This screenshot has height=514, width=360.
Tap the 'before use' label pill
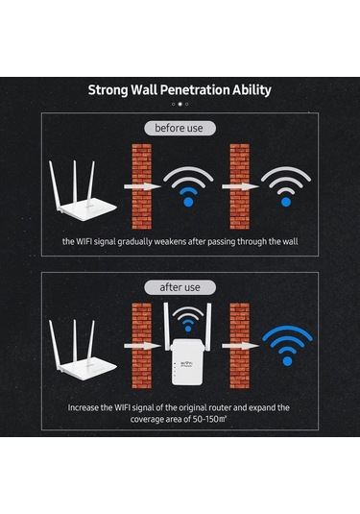click(x=180, y=128)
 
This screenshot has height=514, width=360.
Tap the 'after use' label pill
click(x=180, y=287)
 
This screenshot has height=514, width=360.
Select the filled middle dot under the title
click(x=180, y=105)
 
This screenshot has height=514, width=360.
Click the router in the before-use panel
click(x=82, y=192)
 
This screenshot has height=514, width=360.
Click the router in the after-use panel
click(x=82, y=351)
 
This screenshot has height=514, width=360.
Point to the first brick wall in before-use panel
click(x=141, y=186)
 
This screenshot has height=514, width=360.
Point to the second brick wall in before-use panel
click(x=239, y=186)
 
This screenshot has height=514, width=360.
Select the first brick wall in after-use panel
click(x=141, y=346)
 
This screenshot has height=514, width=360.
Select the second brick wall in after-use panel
click(x=239, y=346)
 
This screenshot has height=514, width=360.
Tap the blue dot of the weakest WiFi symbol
click(x=286, y=203)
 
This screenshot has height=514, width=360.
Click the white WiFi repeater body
click(x=187, y=362)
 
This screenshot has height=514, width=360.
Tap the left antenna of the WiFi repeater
click(x=167, y=326)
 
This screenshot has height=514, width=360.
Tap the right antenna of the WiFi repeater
click(x=208, y=326)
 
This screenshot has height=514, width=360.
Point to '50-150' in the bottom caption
click(x=205, y=419)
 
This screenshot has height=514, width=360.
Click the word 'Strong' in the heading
click(x=108, y=90)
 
